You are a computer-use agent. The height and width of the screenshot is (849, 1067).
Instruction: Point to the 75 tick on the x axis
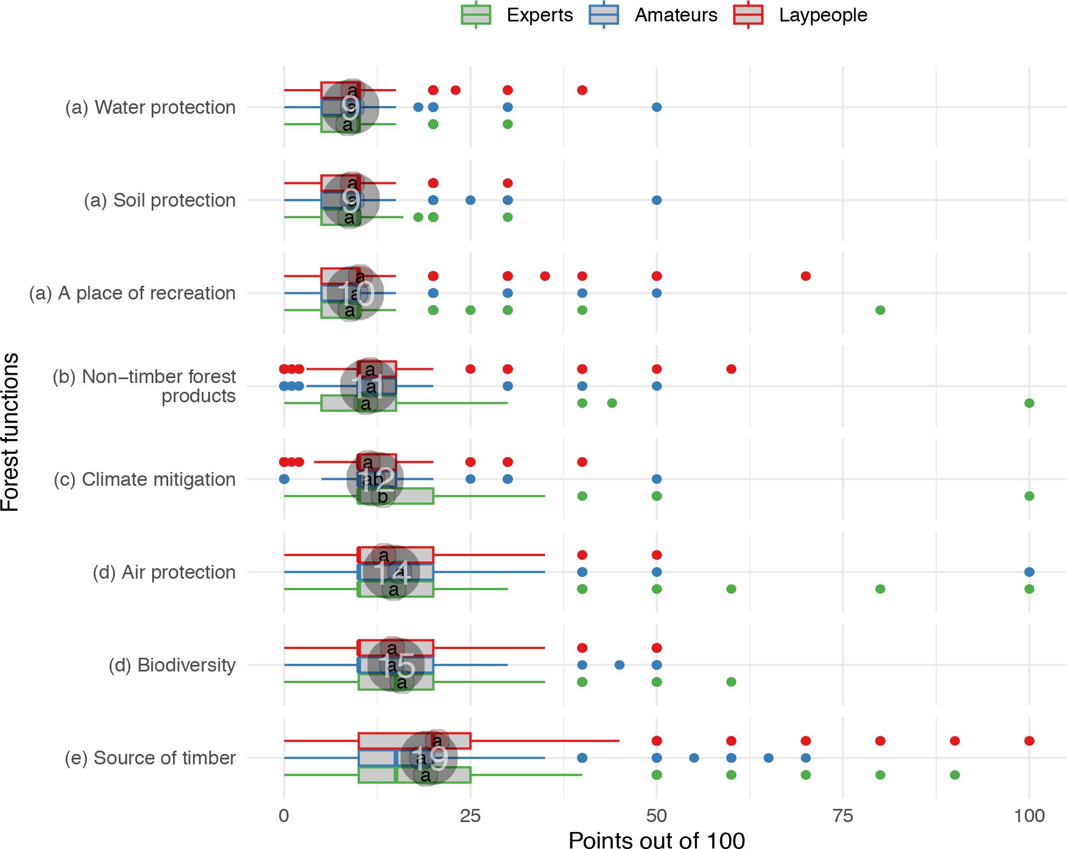point(843,815)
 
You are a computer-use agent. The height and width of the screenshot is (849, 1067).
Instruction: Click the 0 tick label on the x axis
point(284,815)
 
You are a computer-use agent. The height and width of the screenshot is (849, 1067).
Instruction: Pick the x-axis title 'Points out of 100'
point(657,840)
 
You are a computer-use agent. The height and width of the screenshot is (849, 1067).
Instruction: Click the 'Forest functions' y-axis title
point(10,432)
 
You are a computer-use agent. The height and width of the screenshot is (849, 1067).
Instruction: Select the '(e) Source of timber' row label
point(150,758)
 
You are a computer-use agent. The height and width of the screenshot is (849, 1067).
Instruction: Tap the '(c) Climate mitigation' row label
point(145,479)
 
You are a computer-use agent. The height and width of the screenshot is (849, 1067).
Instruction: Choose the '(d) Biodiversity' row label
point(172,665)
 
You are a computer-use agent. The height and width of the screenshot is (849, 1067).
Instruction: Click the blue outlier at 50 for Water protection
point(657,107)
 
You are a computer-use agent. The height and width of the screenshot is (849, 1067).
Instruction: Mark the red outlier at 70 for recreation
point(805,276)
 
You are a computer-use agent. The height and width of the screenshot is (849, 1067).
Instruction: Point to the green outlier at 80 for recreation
point(880,310)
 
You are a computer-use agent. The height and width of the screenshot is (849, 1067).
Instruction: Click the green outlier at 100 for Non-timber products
point(1029,403)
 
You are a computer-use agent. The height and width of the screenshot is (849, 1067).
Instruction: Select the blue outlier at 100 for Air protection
point(1029,572)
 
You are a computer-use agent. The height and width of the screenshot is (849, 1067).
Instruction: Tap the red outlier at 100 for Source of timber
point(1029,741)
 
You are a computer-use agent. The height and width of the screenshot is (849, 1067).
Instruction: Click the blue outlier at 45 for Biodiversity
point(619,665)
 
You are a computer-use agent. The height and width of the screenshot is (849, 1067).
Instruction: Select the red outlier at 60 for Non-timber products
point(731,369)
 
